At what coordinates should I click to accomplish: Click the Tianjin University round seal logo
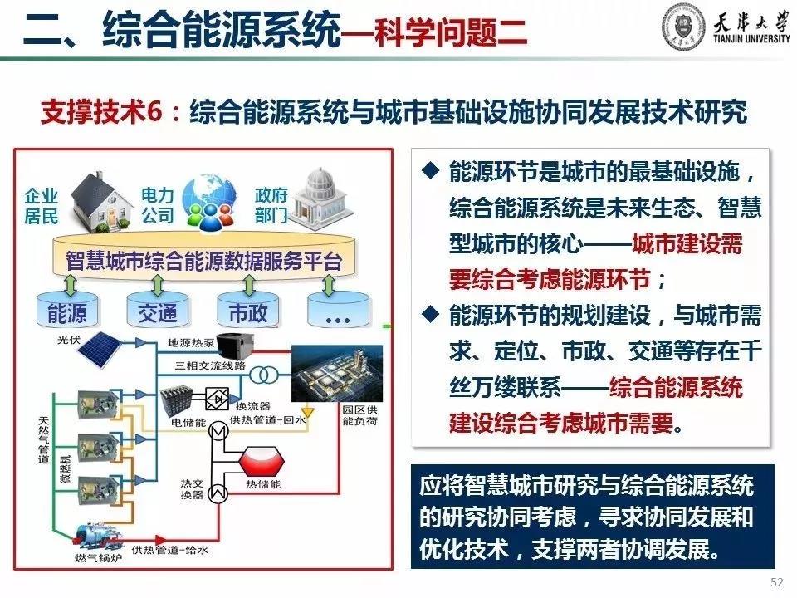(683, 27)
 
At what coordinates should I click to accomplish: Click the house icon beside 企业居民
(100, 202)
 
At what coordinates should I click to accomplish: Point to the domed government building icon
(320, 199)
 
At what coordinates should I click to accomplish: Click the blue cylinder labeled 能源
(67, 310)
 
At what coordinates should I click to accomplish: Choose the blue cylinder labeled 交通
(158, 310)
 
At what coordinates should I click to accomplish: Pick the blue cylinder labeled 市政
(248, 310)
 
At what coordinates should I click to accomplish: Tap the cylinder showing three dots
(338, 310)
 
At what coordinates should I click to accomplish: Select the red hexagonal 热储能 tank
(262, 463)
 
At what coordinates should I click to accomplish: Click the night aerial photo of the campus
(336, 373)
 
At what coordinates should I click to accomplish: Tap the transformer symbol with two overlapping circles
(264, 375)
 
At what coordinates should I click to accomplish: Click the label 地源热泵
(191, 343)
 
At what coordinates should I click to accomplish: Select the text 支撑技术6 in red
(101, 111)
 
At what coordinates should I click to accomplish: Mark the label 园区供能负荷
(359, 415)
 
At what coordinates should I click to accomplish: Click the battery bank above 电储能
(176, 402)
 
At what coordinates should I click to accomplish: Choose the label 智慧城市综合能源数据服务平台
(204, 260)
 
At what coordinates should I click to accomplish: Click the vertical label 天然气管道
(44, 440)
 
